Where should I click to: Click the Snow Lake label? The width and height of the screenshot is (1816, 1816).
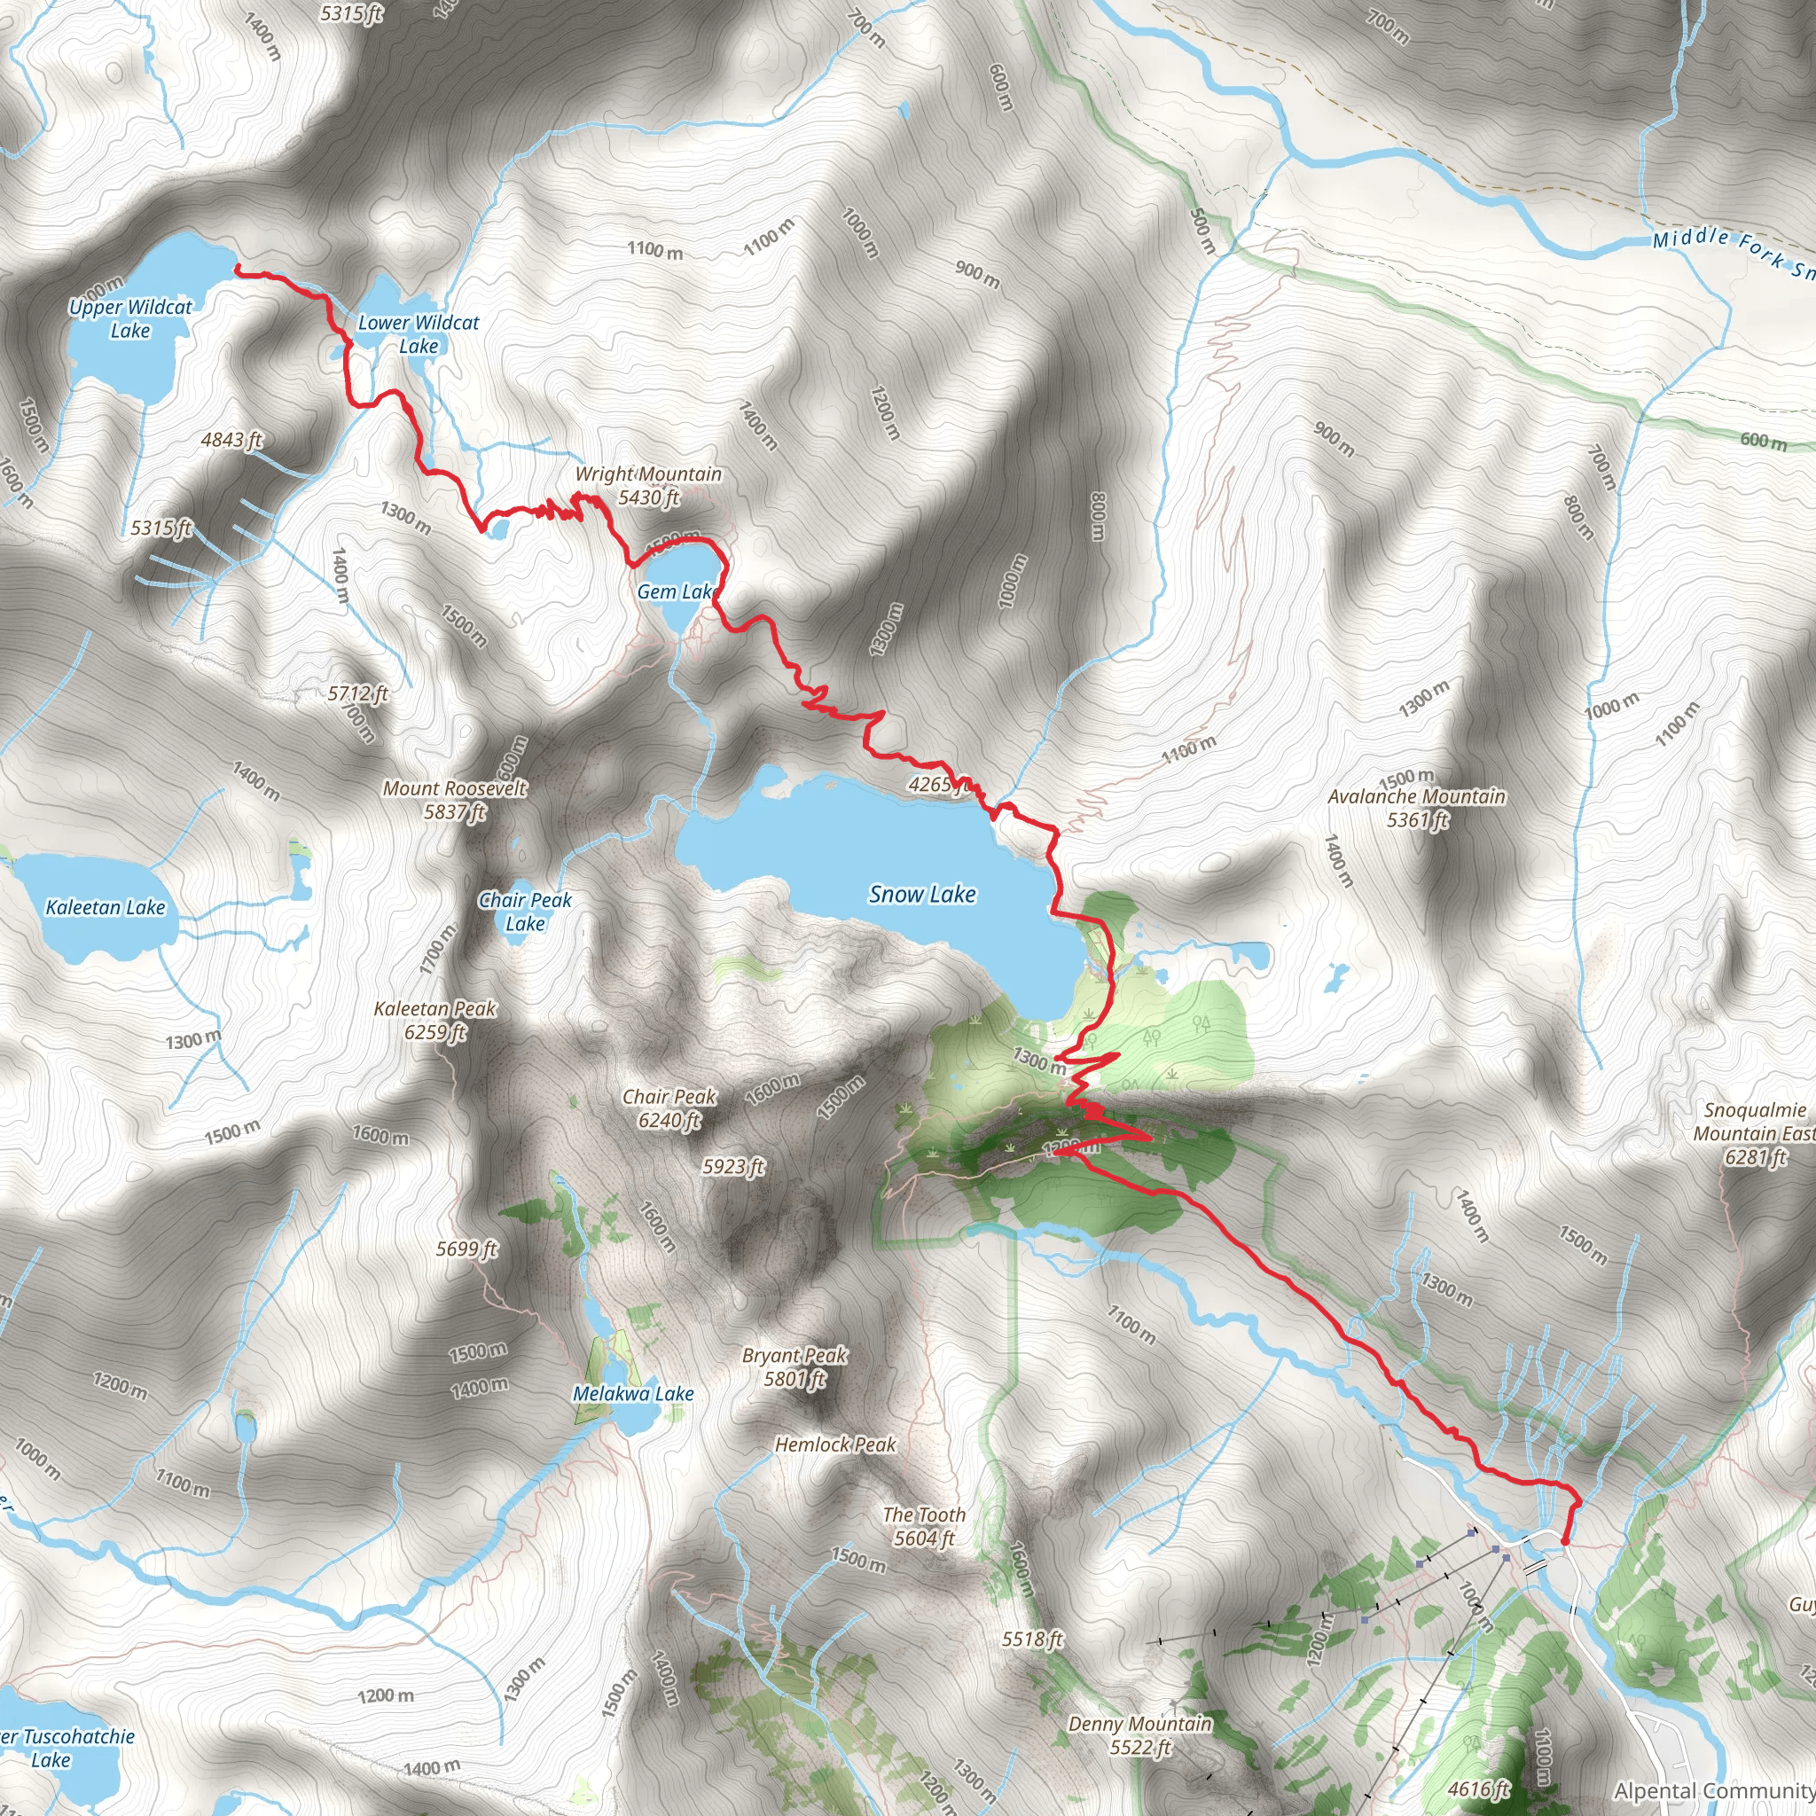[922, 894]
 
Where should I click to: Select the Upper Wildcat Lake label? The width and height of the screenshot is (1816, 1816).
[129, 318]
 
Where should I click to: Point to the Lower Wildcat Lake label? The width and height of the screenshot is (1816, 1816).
[419, 333]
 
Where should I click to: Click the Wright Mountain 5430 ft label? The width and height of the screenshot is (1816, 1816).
[648, 485]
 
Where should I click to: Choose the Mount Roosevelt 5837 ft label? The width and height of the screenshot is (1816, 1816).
[455, 799]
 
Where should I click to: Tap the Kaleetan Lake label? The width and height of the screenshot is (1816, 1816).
[106, 907]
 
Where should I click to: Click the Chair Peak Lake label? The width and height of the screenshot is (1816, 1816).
[526, 911]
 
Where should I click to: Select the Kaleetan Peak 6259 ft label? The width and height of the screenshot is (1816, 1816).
[435, 1020]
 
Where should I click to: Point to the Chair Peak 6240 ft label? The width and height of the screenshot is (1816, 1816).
[669, 1108]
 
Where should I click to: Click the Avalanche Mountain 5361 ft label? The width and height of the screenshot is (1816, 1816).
[1416, 808]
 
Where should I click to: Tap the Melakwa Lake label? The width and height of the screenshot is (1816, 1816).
[633, 1393]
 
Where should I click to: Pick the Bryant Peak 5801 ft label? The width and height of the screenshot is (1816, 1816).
[795, 1366]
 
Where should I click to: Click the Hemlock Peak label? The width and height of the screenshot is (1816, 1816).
[835, 1444]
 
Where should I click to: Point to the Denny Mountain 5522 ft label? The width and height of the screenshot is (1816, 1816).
[1140, 1735]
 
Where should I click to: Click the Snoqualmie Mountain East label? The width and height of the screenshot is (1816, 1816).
[1754, 1132]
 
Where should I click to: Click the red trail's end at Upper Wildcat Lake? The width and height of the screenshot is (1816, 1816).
[236, 269]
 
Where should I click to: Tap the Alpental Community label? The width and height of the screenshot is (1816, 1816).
[1713, 1790]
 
